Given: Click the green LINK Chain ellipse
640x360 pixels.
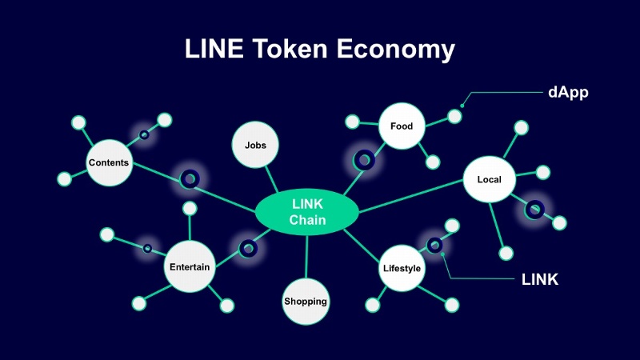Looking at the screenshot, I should pos(307,213).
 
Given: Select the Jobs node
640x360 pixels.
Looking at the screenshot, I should pos(255,146).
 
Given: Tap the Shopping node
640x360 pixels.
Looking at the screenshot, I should pos(306,302).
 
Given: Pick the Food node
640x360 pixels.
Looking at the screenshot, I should pos(402,126).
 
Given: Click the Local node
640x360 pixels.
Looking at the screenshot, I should pos(489,179).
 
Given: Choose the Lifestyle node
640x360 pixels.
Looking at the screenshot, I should pos(401,269).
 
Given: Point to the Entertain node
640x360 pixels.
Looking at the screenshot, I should pos(190,267).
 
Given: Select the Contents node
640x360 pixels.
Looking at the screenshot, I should pos(109,163).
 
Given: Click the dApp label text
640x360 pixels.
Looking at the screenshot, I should pos(569,91).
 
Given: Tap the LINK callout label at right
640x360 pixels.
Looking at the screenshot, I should pos(539,279).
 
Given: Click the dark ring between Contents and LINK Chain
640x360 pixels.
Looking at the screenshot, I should pos(190,179).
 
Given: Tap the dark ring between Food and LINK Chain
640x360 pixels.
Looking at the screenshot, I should pos(364,160).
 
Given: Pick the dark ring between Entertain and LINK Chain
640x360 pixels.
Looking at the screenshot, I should pos(248,249).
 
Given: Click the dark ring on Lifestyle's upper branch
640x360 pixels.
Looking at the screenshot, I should pos(434,245).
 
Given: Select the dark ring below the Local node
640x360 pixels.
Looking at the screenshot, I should pos(534,210).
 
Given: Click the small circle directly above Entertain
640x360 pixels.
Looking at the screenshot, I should pos(190,209).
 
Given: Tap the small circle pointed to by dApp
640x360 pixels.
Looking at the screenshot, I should pos(454,116).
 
